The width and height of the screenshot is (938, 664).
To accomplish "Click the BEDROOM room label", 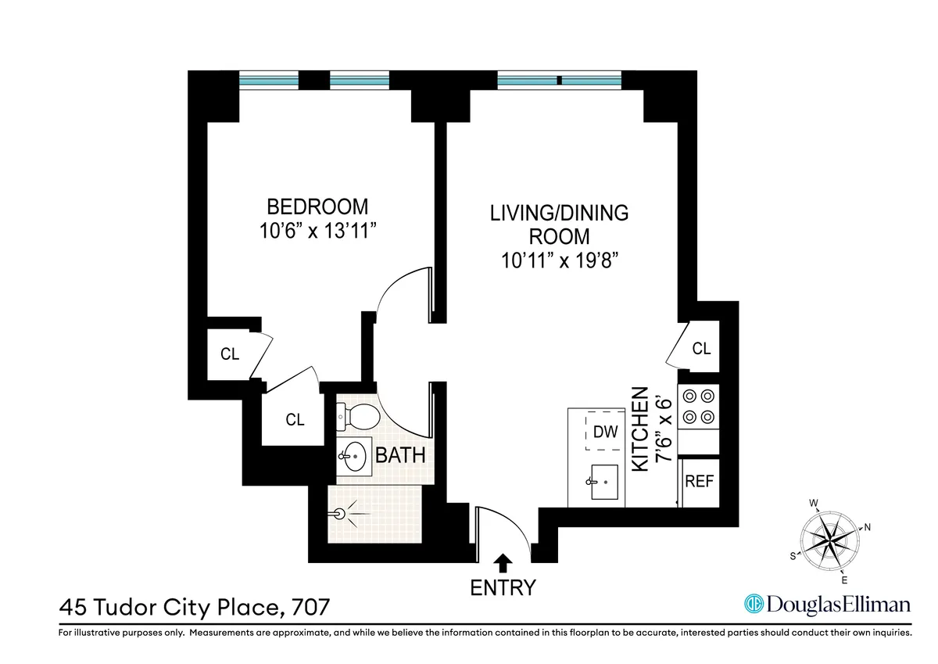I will [x=317, y=207].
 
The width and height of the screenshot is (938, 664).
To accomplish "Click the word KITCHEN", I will [x=639, y=429].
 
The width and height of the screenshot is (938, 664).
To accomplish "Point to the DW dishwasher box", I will [x=603, y=431].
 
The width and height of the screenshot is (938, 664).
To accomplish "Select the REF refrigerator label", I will [x=699, y=482].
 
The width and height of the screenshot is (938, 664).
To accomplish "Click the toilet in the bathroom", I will [x=359, y=418].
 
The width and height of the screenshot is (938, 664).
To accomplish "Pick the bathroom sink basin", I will [x=356, y=456].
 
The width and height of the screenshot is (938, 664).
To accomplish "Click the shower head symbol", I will [x=341, y=514].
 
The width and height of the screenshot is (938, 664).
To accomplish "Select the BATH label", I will [x=401, y=455].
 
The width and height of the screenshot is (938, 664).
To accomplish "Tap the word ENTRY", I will [x=503, y=588].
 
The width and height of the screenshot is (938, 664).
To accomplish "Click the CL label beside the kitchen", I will [x=702, y=348].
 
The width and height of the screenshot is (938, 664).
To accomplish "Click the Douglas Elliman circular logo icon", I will [x=753, y=604].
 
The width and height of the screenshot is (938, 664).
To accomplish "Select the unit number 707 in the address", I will [x=309, y=605].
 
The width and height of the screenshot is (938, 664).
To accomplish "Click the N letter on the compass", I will [x=867, y=527].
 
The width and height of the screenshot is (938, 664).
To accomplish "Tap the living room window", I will [x=559, y=79].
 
